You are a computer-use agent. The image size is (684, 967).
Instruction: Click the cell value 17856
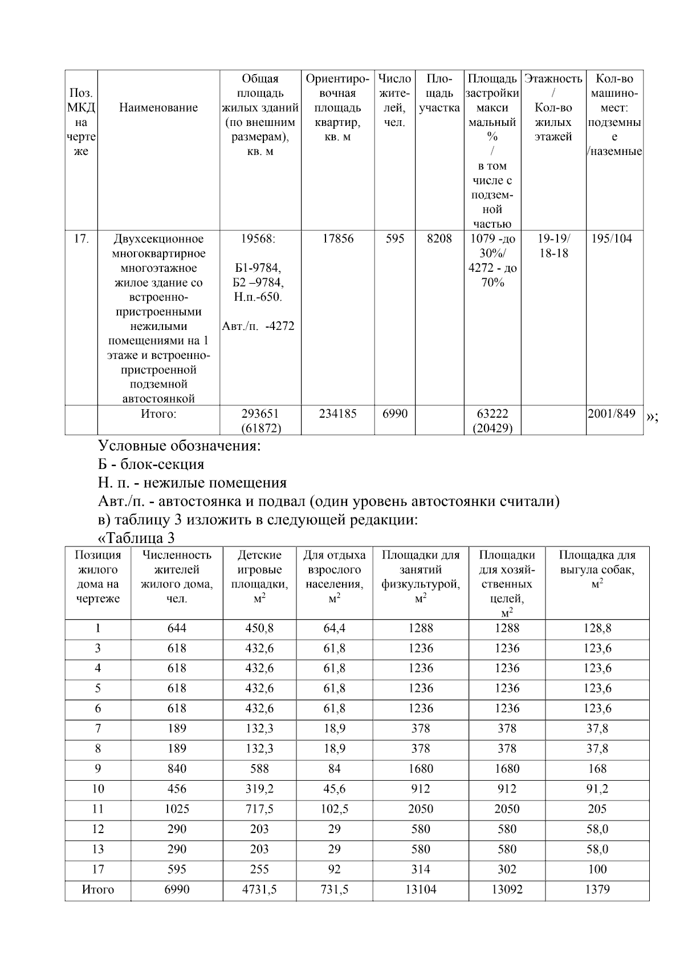(x=337, y=239)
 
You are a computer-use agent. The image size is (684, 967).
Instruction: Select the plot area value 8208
(x=439, y=239)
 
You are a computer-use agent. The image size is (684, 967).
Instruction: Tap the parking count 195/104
(x=612, y=239)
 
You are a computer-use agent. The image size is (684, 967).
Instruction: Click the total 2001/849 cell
(x=612, y=414)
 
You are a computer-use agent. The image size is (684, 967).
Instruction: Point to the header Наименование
(x=158, y=108)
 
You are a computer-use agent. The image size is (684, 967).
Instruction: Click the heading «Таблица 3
(x=137, y=538)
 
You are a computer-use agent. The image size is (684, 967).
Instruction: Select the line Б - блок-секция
(x=151, y=464)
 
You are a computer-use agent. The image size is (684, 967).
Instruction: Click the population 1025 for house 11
(x=177, y=809)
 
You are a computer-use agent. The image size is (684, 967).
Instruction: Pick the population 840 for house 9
(x=177, y=769)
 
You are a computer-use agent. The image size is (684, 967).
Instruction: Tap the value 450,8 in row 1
(x=259, y=629)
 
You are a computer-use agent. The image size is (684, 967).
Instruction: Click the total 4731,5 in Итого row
(x=259, y=890)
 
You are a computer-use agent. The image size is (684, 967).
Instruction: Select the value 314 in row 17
(x=421, y=870)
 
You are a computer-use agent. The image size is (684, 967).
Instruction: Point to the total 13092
(x=507, y=890)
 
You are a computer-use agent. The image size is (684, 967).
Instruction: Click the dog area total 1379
(x=597, y=890)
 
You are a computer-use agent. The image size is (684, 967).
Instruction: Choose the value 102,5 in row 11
(x=334, y=809)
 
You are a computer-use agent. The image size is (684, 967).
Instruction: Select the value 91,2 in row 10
(x=597, y=789)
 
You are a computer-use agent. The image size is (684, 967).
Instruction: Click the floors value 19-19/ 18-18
(x=553, y=246)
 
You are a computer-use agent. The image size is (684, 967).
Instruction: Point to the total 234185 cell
(x=337, y=414)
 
